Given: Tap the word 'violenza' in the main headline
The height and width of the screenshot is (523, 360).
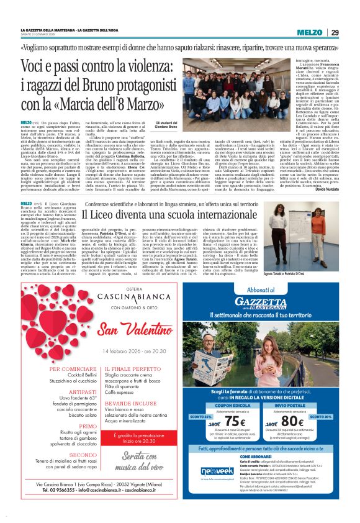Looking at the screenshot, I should click(x=145, y=66).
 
